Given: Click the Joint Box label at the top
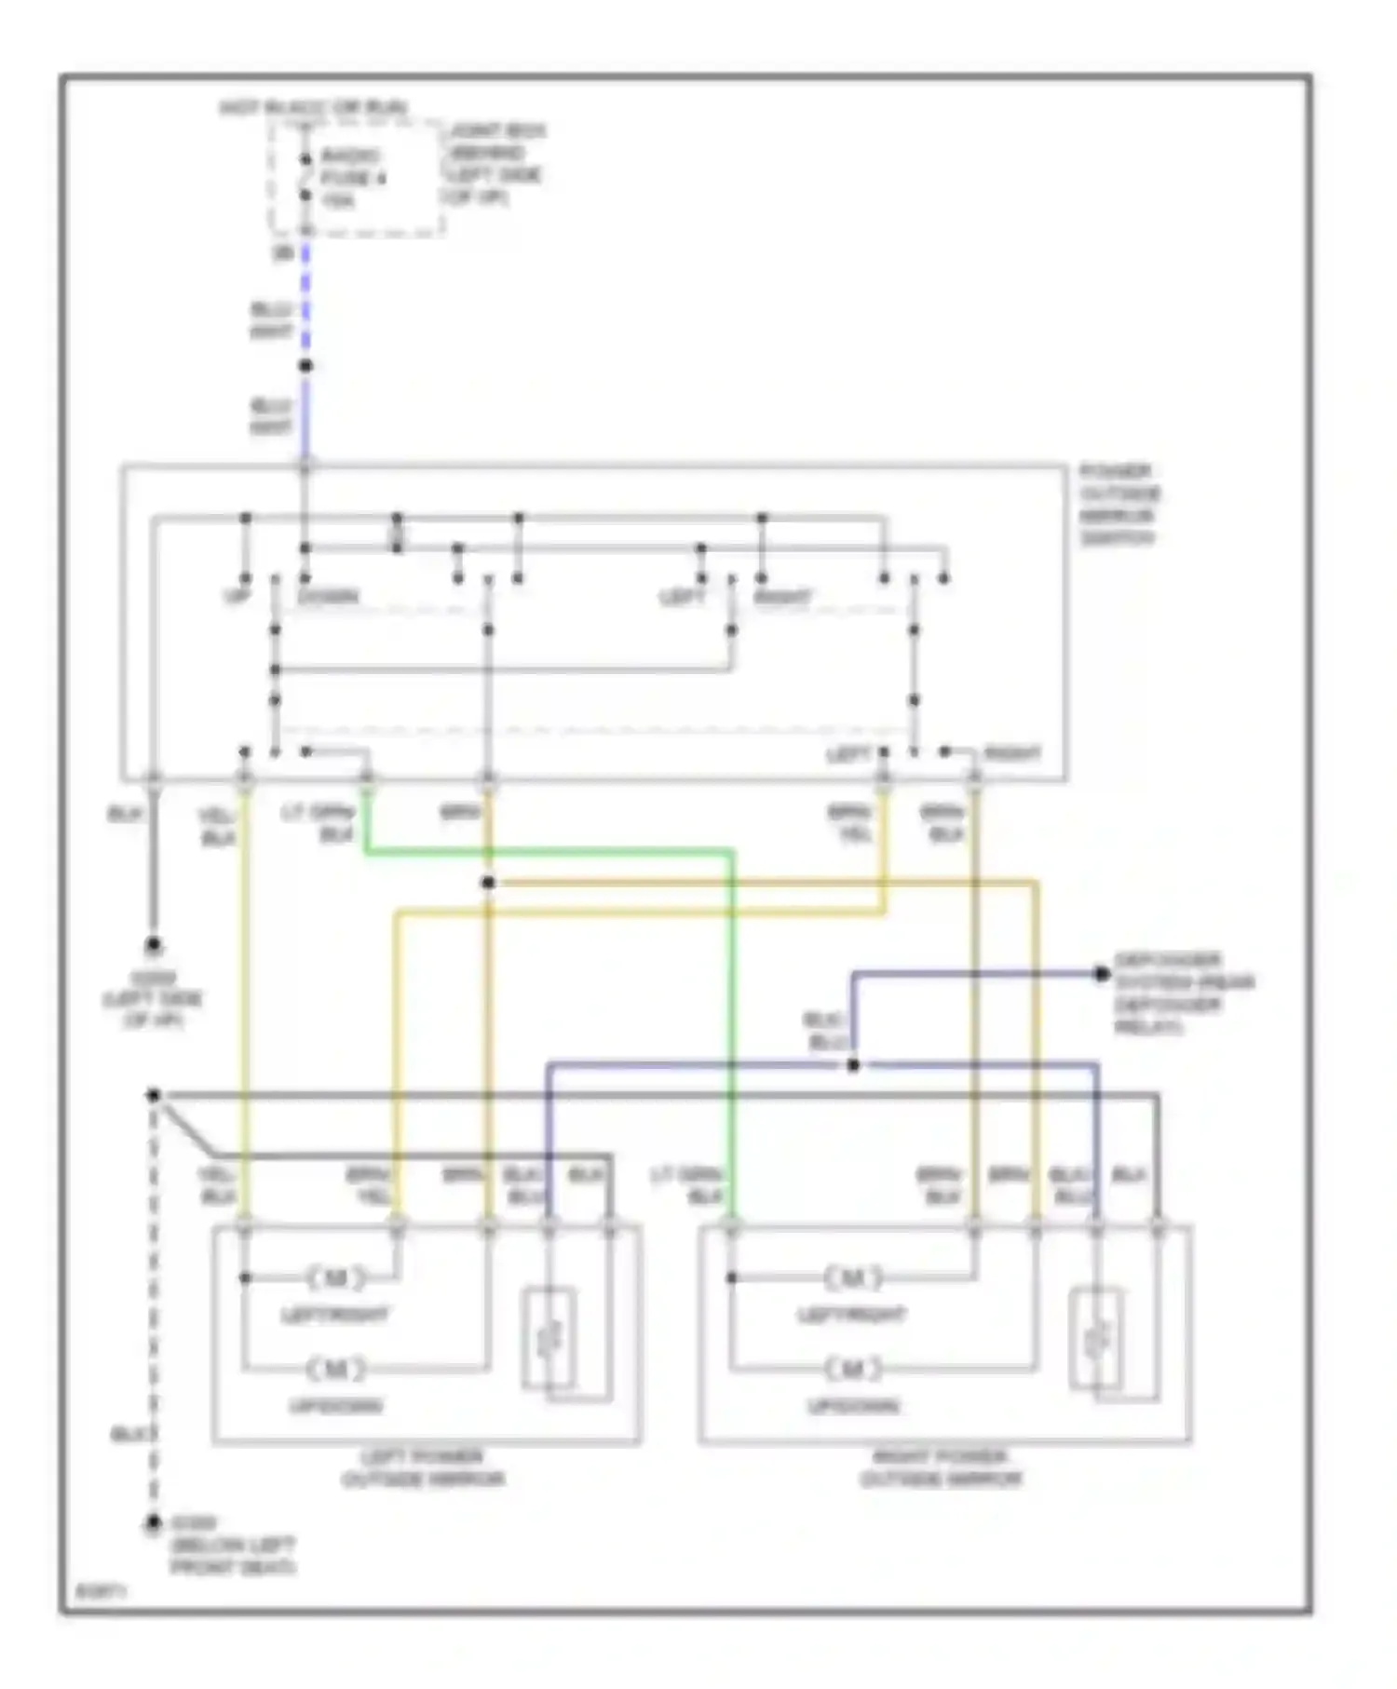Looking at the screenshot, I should pos(494,164).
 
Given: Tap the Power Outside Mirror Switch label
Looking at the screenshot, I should pos(1119,505).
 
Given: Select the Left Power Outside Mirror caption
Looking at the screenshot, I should pos(424,1468).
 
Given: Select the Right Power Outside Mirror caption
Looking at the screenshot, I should pos(941,1468).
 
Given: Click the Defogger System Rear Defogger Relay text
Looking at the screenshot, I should pos(1183,993).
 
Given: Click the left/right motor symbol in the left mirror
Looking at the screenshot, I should pos(335,1277).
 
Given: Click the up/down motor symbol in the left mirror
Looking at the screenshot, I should pos(335,1369).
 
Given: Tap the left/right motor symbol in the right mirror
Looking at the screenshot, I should pos(852,1277).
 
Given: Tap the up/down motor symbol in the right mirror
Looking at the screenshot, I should pos(852,1369).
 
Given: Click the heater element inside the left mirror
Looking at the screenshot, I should pos(548,1338).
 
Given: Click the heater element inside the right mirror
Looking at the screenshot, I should pos(1096,1338).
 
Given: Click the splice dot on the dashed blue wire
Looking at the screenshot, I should pos(305,366).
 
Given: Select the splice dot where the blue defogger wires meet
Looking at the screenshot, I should pos(853,1064).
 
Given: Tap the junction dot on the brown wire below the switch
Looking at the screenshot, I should pos(488,882).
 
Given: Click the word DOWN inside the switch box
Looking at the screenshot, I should pos(329,596).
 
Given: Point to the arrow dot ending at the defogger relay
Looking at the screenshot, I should pos(1102,974).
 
